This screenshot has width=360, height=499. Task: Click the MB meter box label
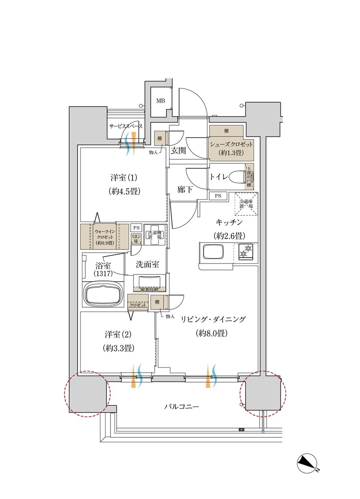[x=160, y=101]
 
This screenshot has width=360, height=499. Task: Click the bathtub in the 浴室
[x=102, y=294]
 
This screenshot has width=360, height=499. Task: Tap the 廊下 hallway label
[x=186, y=190]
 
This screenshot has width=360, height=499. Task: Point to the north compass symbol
[x=308, y=464]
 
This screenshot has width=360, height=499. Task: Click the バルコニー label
[x=181, y=407]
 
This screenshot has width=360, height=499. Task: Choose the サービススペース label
[x=126, y=126]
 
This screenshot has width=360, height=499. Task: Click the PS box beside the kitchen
[x=218, y=196]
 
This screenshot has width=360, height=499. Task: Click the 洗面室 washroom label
[x=148, y=264]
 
